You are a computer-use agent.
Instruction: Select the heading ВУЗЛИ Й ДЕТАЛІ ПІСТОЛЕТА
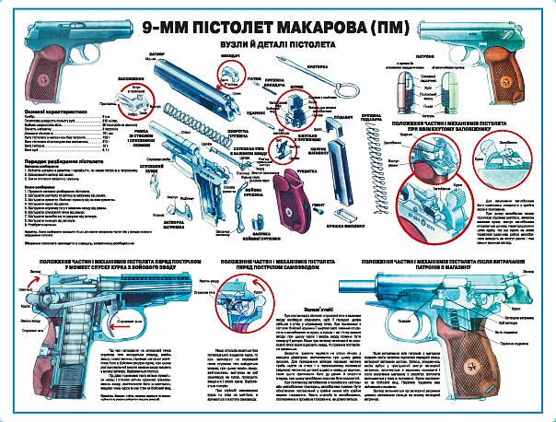(x=277, y=43)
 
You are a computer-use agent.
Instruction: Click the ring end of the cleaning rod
(x=349, y=91)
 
